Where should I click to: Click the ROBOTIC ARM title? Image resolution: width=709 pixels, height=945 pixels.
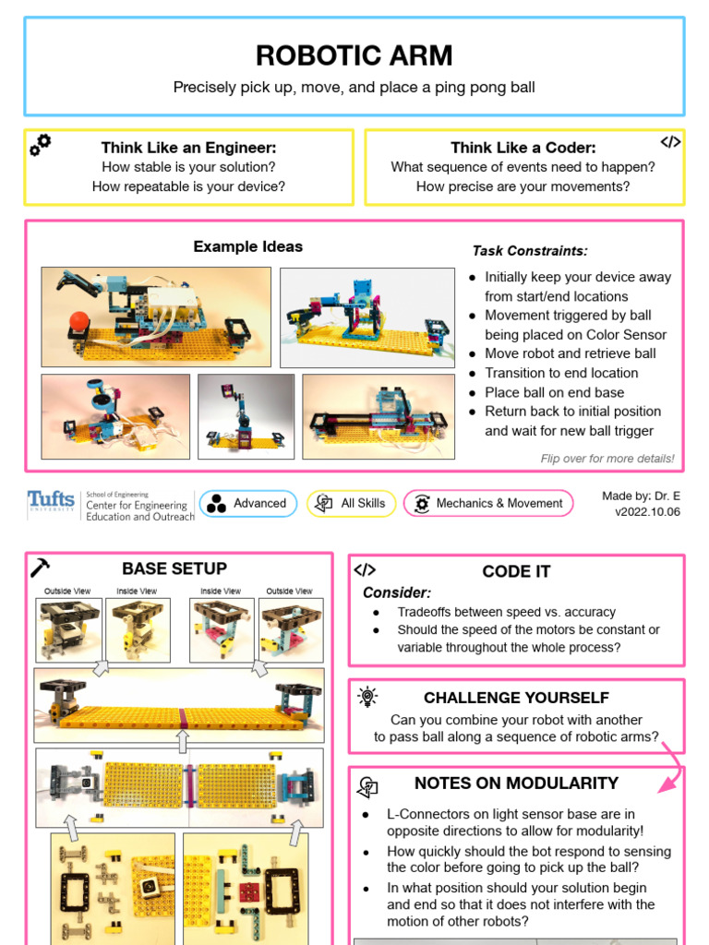click(354, 55)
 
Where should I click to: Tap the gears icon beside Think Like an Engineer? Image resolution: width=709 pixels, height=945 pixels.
click(41, 144)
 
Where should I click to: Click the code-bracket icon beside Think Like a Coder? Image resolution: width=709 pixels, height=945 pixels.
click(670, 142)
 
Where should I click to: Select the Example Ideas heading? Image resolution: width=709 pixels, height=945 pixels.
click(247, 246)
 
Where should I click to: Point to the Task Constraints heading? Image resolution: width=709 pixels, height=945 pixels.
click(530, 250)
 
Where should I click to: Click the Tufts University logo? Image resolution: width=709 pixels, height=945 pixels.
click(52, 502)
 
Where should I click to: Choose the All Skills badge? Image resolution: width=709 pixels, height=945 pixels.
click(352, 503)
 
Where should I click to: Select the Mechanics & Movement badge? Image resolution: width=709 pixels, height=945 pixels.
click(487, 503)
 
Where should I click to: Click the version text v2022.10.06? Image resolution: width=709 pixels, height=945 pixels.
click(647, 512)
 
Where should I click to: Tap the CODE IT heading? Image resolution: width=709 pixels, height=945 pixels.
click(516, 571)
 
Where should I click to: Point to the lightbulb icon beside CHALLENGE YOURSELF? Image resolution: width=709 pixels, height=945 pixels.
click(367, 697)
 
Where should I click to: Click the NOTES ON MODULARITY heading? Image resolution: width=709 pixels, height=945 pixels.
click(516, 783)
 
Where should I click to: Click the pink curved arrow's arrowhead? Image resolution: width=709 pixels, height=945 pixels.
click(663, 787)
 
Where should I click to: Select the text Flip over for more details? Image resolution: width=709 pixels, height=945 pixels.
click(607, 459)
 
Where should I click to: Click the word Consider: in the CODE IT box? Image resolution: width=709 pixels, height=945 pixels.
click(397, 592)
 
